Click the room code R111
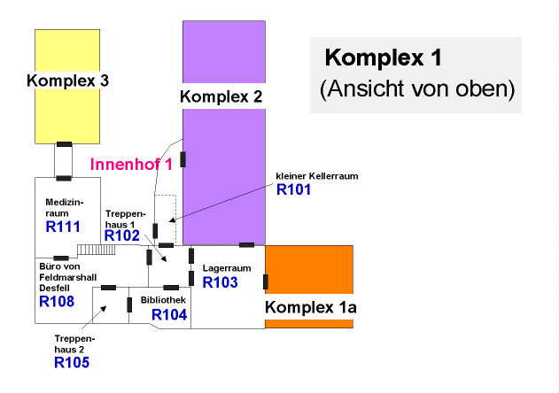pyautogui.click(x=63, y=227)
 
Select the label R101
pyautogui.click(x=294, y=189)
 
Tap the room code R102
pyautogui.click(x=122, y=235)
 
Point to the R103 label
pyautogui.click(x=221, y=282)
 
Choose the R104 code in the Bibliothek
pyautogui.click(x=169, y=313)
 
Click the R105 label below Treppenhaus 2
pyautogui.click(x=72, y=361)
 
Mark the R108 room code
pyautogui.click(x=57, y=301)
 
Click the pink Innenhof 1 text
pyautogui.click(x=131, y=165)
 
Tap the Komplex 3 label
pyautogui.click(x=67, y=81)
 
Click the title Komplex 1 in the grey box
pyautogui.click(x=383, y=58)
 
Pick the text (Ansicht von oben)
pyautogui.click(x=416, y=89)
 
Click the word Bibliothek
pyautogui.click(x=164, y=301)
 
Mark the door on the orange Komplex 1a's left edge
pyautogui.click(x=266, y=282)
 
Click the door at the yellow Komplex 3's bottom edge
pyautogui.click(x=64, y=143)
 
